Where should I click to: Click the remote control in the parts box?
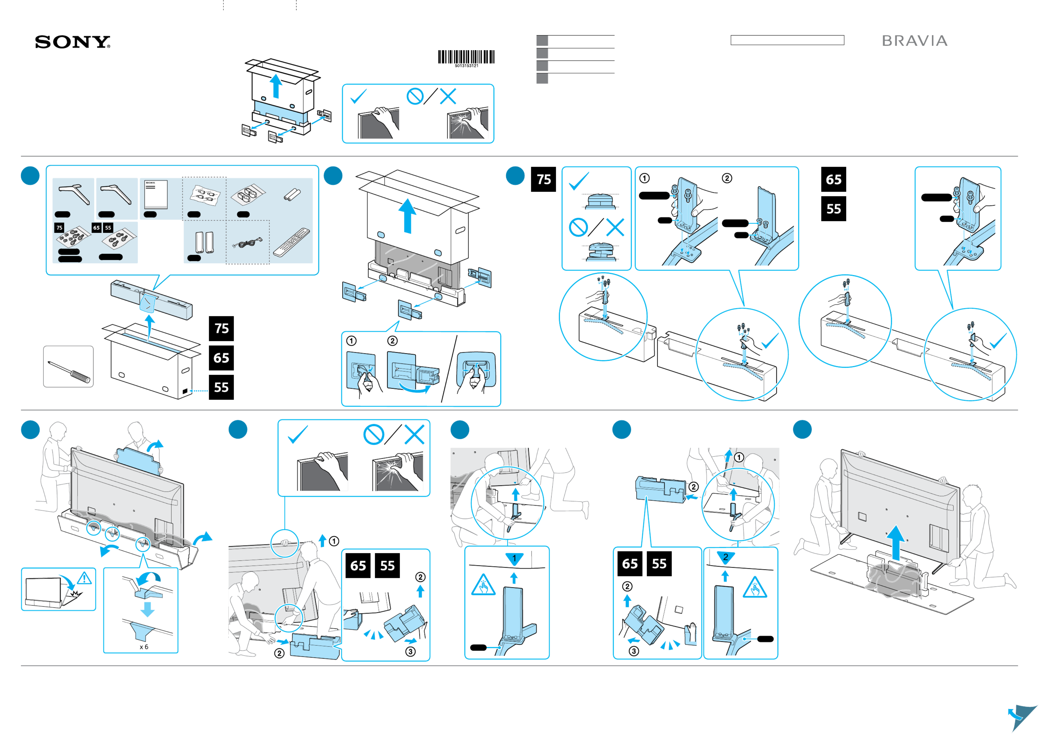[292, 243]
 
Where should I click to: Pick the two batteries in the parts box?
[292, 195]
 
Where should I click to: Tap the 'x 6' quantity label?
[144, 647]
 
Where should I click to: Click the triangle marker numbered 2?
[725, 557]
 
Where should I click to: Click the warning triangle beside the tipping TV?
[84, 578]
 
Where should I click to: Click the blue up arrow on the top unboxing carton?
[276, 86]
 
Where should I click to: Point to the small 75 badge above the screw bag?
[59, 228]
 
